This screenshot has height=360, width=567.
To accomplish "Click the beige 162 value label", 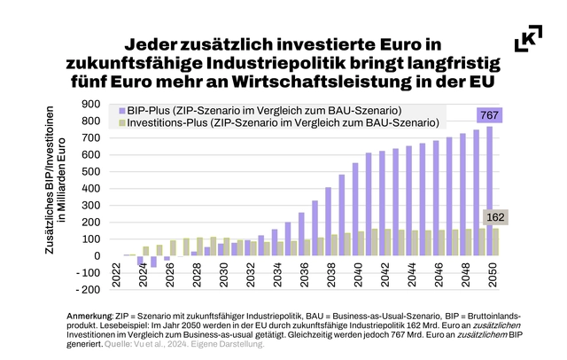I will click(x=493, y=217).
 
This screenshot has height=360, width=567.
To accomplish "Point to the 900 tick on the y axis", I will click(x=89, y=104).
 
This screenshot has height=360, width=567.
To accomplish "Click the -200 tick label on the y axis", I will click(x=87, y=290).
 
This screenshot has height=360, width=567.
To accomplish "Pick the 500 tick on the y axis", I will click(x=89, y=171).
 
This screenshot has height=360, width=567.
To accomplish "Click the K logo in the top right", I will click(x=529, y=41).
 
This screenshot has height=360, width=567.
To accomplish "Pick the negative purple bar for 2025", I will click(x=154, y=262).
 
